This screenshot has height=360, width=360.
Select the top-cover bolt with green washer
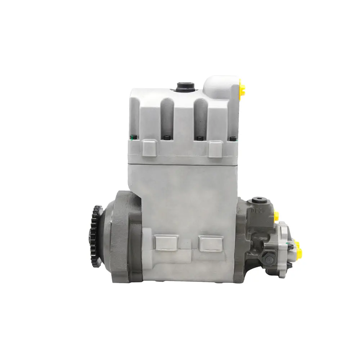pos(132,137)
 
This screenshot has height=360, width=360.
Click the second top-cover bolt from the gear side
pos(167,138)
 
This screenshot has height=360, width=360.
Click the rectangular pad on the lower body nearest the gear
pos(165,242)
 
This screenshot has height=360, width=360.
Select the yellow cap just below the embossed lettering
pos(276,216)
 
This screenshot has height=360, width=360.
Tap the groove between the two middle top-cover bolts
pos(183,119)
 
